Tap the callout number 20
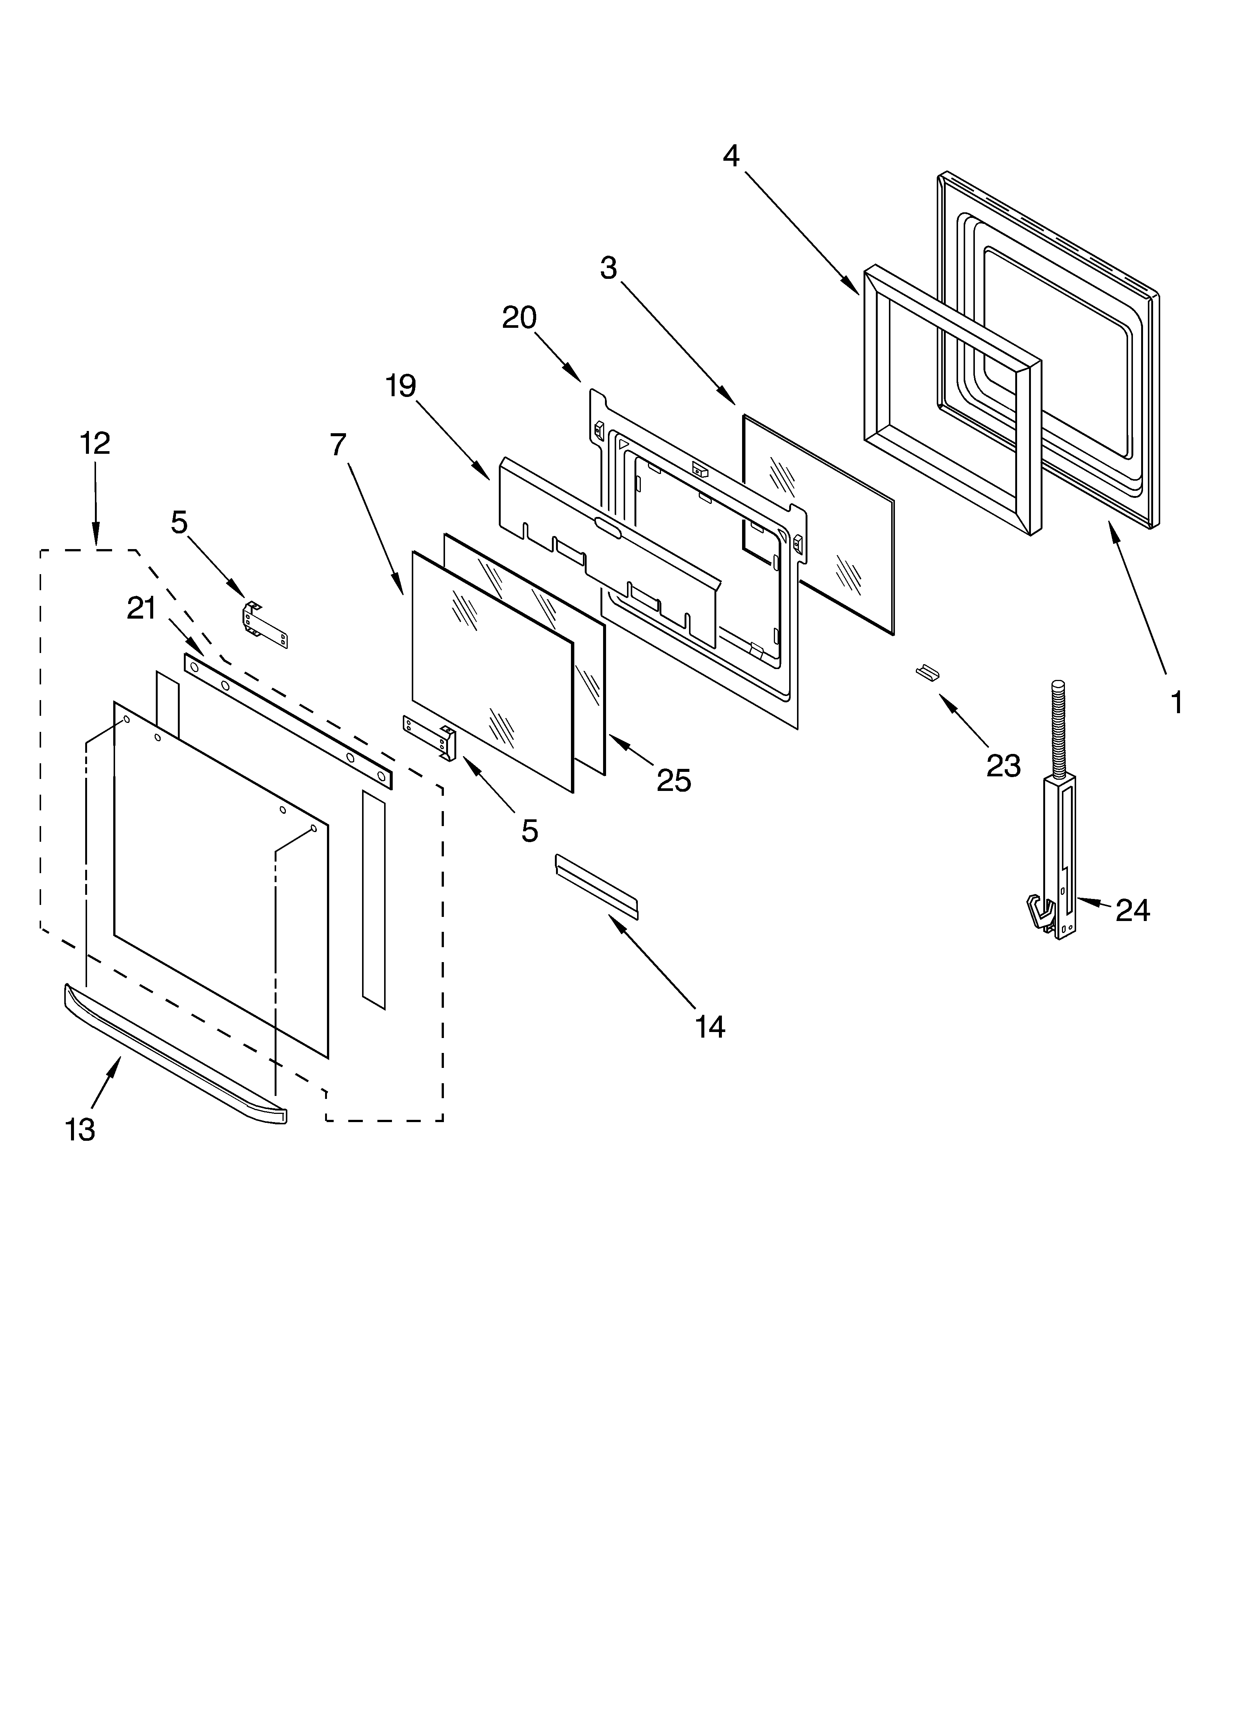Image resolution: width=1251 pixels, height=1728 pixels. click(x=519, y=318)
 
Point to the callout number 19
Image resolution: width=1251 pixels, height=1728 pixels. click(x=400, y=386)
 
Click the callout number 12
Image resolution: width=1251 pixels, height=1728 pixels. click(x=95, y=443)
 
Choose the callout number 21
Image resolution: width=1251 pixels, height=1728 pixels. click(x=142, y=609)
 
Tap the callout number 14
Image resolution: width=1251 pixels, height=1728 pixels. click(x=709, y=1027)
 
